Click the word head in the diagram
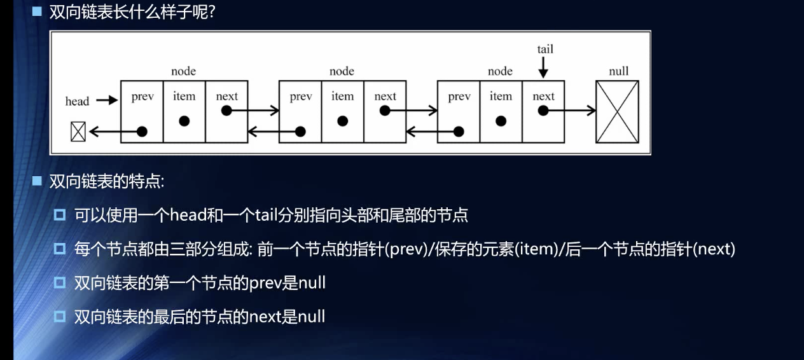[x=77, y=101]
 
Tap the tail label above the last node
[x=545, y=49]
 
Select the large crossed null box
[x=617, y=111]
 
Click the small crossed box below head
[x=78, y=132]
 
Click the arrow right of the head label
[x=108, y=100]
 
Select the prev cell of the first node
[x=142, y=111]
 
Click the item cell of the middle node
[x=342, y=111]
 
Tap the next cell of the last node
[x=543, y=111]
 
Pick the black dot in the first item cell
[x=184, y=121]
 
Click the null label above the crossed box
[x=618, y=71]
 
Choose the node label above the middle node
[x=342, y=71]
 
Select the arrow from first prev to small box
[x=114, y=132]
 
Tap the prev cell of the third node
[x=459, y=111]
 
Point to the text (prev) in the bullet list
[x=406, y=249]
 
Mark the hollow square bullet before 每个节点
[x=60, y=249]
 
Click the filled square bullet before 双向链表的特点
[x=37, y=182]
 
